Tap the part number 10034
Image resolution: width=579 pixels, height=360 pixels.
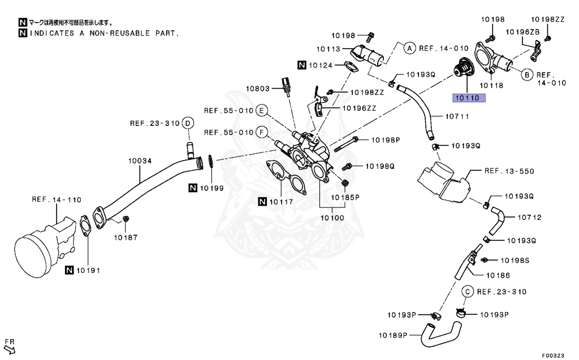coord(139,161)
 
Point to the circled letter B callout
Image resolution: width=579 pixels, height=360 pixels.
coord(526,74)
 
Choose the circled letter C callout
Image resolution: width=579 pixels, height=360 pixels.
coord(468,291)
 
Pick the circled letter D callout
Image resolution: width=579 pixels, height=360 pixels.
coord(188,123)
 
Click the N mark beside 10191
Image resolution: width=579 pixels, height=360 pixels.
coord(69,270)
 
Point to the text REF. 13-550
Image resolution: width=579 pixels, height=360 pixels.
coord(509,171)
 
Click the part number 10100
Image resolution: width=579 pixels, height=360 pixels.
coord(332,217)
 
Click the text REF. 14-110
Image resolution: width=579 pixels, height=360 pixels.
coord(57,199)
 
